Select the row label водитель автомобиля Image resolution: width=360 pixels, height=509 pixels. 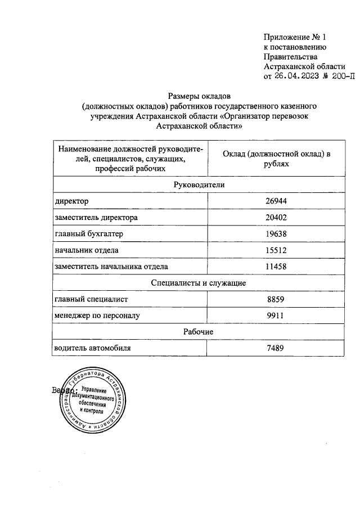pos(92,348)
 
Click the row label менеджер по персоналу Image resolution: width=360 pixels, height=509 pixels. pos(96,316)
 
